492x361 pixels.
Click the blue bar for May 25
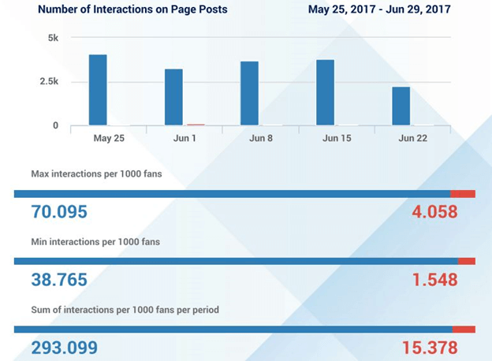point(98,90)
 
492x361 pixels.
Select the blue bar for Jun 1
point(173,97)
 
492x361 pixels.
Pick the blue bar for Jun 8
point(249,93)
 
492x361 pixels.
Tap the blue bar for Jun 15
point(325,92)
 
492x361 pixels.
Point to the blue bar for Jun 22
point(401,106)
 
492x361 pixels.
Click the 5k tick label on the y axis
point(52,38)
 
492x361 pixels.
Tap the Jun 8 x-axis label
point(260,138)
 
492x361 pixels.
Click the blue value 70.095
point(59,212)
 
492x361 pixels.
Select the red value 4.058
point(434,212)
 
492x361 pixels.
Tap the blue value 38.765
point(59,280)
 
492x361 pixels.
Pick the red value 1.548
point(434,280)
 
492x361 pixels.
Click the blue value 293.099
point(65,348)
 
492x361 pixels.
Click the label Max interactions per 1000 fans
point(96,173)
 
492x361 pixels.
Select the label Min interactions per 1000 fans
point(95,241)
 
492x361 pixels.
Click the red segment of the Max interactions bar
point(463,193)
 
